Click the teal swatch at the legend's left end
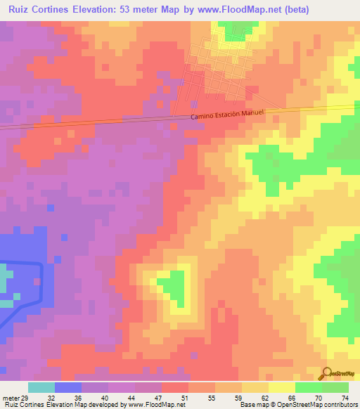41,387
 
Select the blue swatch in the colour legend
68,387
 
